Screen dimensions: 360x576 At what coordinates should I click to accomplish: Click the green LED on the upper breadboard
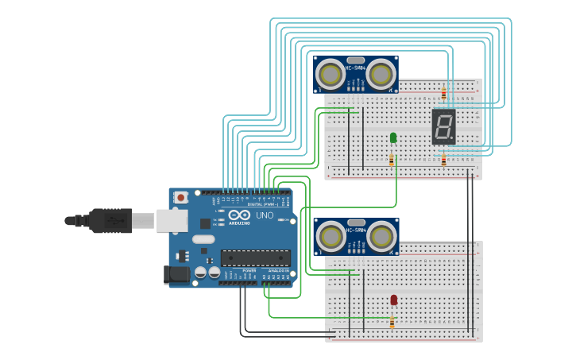393,137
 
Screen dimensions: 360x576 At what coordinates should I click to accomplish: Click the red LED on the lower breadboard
393,300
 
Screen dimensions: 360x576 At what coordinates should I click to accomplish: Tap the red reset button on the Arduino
181,197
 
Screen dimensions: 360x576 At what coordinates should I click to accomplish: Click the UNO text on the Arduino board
264,215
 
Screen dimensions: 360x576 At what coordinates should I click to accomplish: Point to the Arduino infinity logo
239,215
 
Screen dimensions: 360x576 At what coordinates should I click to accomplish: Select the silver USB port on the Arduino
172,220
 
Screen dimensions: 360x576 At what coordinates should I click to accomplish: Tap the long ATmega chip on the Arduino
255,257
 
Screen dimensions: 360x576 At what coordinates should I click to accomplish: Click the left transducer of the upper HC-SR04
331,75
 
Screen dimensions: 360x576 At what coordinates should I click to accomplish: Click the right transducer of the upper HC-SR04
381,75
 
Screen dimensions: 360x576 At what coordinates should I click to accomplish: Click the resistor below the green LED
392,160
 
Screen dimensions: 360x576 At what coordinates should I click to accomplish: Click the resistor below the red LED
392,322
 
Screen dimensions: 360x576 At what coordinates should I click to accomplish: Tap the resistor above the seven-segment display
443,94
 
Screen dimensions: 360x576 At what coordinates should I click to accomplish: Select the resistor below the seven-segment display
443,160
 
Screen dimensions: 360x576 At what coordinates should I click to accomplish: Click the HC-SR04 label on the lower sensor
356,230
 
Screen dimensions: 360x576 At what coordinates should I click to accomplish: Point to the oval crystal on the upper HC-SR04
356,60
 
